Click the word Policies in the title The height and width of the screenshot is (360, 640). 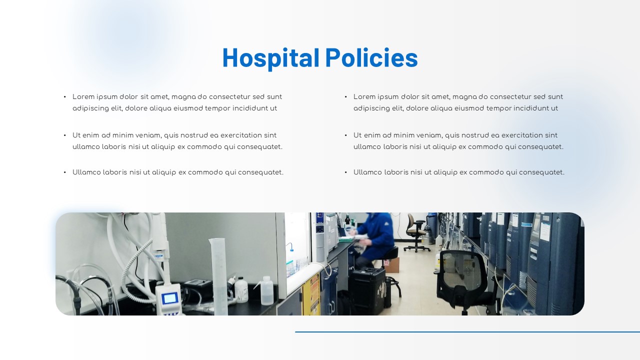click(371, 57)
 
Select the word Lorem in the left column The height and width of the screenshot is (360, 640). click(83, 97)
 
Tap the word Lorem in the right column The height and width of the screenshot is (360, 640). click(364, 97)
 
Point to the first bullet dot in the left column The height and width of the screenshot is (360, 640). click(65, 97)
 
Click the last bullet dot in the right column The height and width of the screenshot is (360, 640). click(346, 172)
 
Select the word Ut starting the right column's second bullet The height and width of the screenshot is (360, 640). click(357, 135)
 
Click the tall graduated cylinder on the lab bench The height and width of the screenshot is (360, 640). click(219, 275)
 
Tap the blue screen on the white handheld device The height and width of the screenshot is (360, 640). click(169, 298)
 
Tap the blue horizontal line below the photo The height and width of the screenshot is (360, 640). click(467, 331)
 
